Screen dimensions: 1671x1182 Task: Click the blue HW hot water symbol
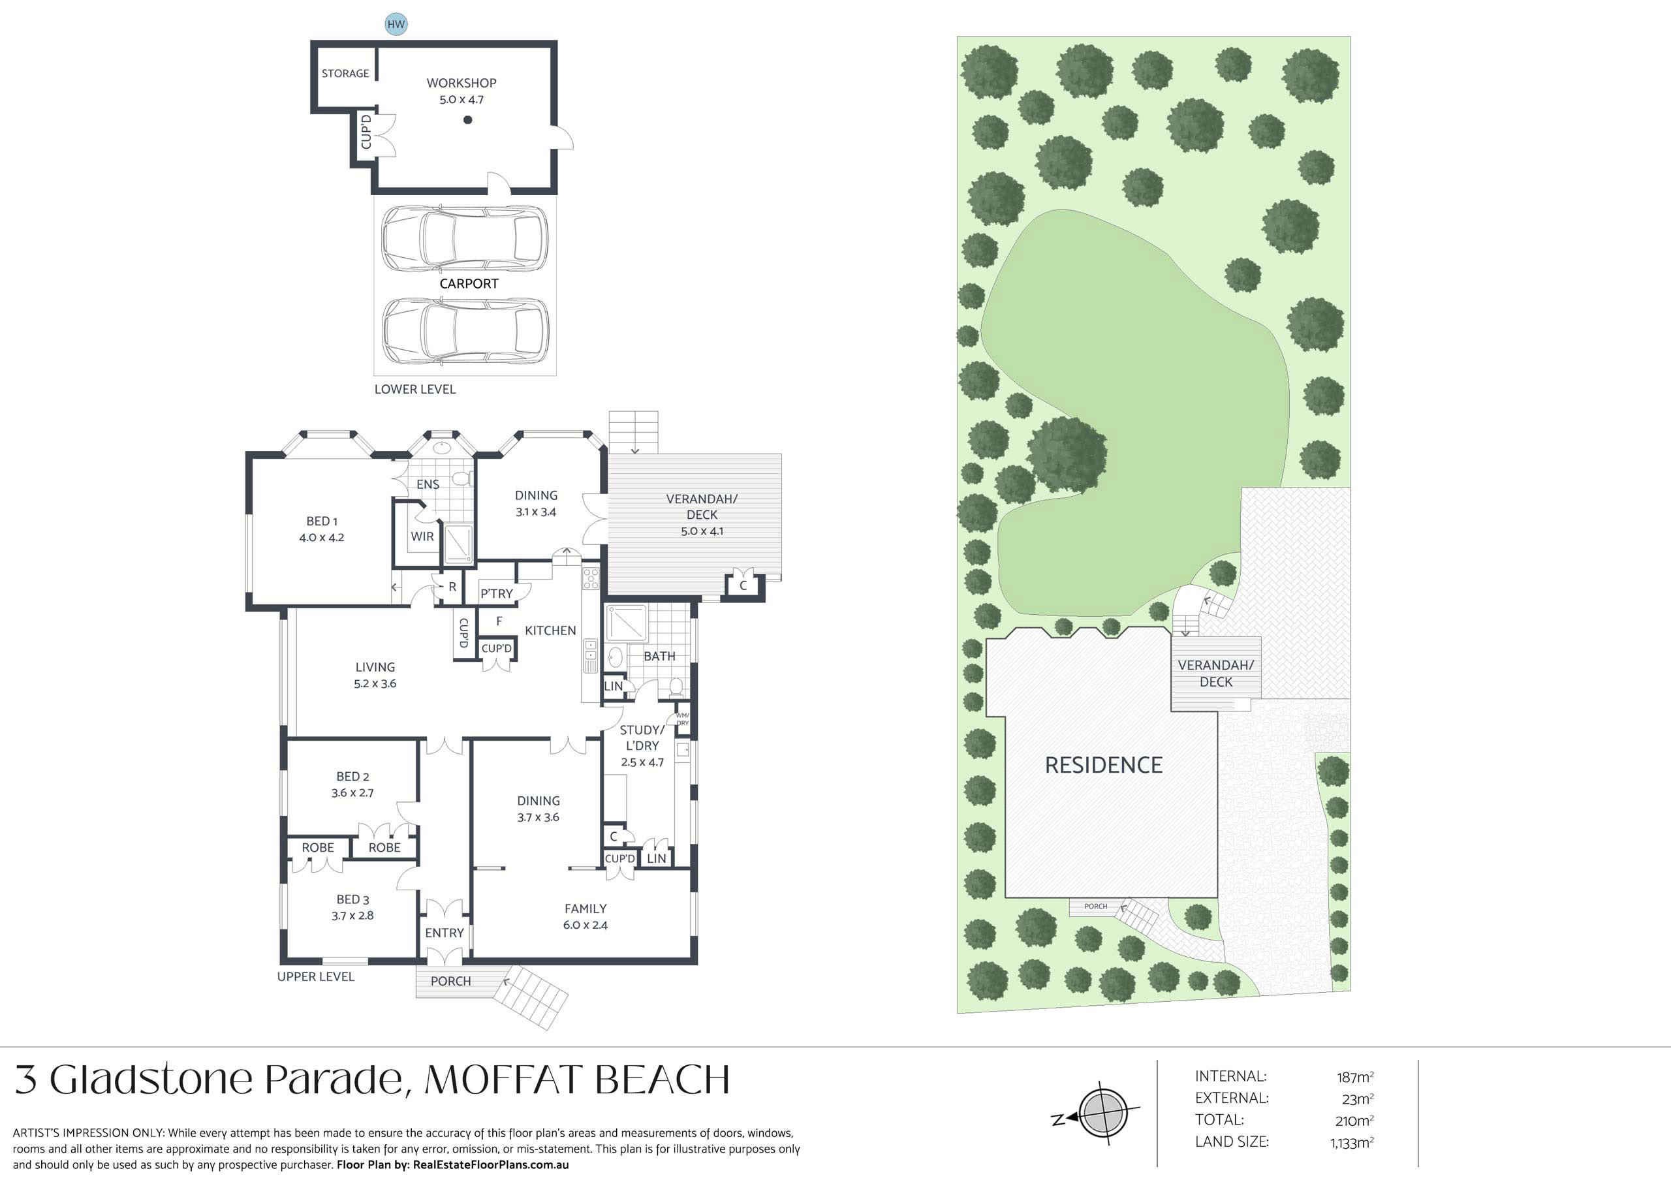coord(396,24)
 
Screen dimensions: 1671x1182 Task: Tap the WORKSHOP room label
coord(461,83)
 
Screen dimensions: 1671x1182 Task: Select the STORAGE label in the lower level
coord(345,74)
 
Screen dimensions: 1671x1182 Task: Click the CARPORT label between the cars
coord(469,284)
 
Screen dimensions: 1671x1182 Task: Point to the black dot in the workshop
coord(468,120)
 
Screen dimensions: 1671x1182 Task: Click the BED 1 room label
coord(322,521)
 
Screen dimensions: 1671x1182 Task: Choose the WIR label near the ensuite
coord(422,537)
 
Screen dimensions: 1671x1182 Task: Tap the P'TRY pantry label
coord(496,594)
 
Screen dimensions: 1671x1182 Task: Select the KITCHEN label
coord(550,631)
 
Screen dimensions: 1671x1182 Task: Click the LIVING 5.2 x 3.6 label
coord(375,676)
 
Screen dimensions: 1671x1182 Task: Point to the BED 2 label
coord(352,777)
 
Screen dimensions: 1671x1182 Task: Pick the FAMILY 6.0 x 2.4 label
coord(585,917)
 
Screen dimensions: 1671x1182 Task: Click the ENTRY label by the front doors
coord(444,933)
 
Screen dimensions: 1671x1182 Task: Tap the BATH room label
coord(659,657)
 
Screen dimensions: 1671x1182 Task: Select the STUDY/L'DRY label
coord(642,738)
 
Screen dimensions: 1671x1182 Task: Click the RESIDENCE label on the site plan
coord(1103,765)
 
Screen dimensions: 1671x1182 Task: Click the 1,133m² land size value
coord(1352,1143)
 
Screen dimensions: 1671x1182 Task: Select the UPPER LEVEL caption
coord(316,977)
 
